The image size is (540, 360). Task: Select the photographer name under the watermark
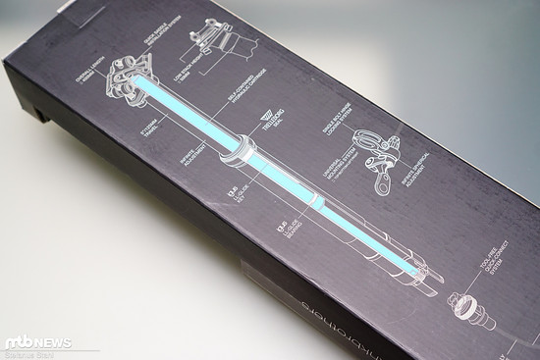click(33, 354)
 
